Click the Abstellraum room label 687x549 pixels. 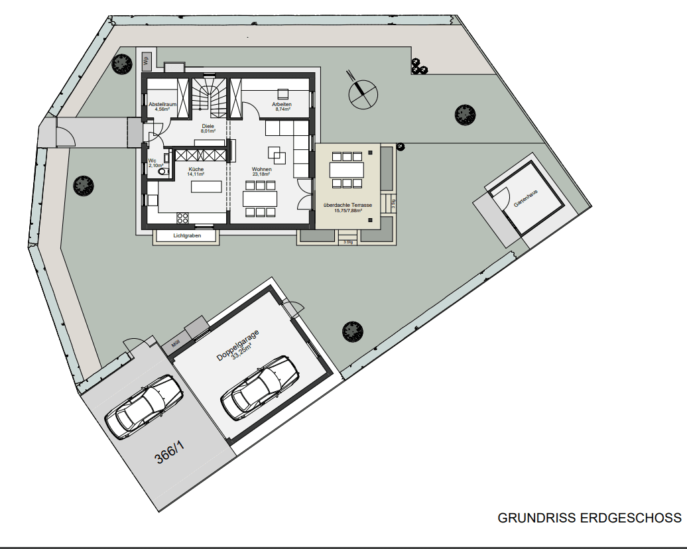point(162,104)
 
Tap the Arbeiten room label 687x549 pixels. point(282,104)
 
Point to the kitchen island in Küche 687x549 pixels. point(208,187)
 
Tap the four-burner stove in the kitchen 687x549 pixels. point(183,217)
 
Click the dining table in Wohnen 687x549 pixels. point(259,198)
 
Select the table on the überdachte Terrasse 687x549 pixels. point(347,170)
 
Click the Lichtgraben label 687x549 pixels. point(186,235)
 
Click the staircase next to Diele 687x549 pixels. point(210,97)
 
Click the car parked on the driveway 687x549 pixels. point(145,406)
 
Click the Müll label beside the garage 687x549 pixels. point(175,344)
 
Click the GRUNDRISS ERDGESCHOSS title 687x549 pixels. point(589,518)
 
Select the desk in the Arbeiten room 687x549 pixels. point(283,93)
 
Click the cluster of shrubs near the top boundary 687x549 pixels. point(417,66)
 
